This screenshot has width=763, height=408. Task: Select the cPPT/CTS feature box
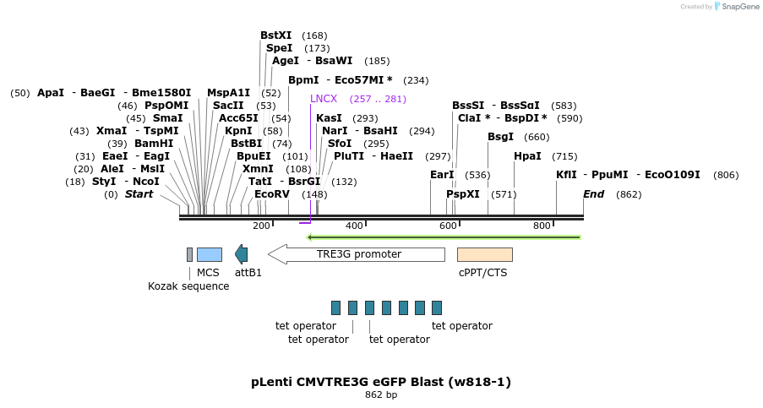tap(484, 254)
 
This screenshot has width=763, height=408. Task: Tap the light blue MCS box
tap(209, 254)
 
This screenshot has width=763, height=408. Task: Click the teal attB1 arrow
tap(242, 254)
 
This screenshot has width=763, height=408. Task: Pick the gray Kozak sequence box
tap(189, 254)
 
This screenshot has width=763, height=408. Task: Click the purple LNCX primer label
tap(324, 99)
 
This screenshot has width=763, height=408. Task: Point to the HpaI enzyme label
tap(527, 157)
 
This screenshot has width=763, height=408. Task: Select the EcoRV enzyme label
tap(272, 194)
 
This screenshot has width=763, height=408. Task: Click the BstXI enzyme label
tap(275, 35)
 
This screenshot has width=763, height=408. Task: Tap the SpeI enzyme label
tap(280, 49)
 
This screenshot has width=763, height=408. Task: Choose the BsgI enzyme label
tap(500, 137)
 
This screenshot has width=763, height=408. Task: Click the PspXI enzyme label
tap(463, 194)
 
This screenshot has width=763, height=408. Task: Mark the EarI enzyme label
tap(442, 175)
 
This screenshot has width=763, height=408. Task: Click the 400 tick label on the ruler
tap(354, 226)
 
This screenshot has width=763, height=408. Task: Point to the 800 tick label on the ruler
tap(542, 226)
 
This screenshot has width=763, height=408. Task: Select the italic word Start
tap(139, 194)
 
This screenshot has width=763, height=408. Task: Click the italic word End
tap(594, 194)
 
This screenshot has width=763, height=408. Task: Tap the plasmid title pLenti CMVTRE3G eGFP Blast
tap(381, 382)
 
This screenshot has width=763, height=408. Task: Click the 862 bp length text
tap(381, 395)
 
